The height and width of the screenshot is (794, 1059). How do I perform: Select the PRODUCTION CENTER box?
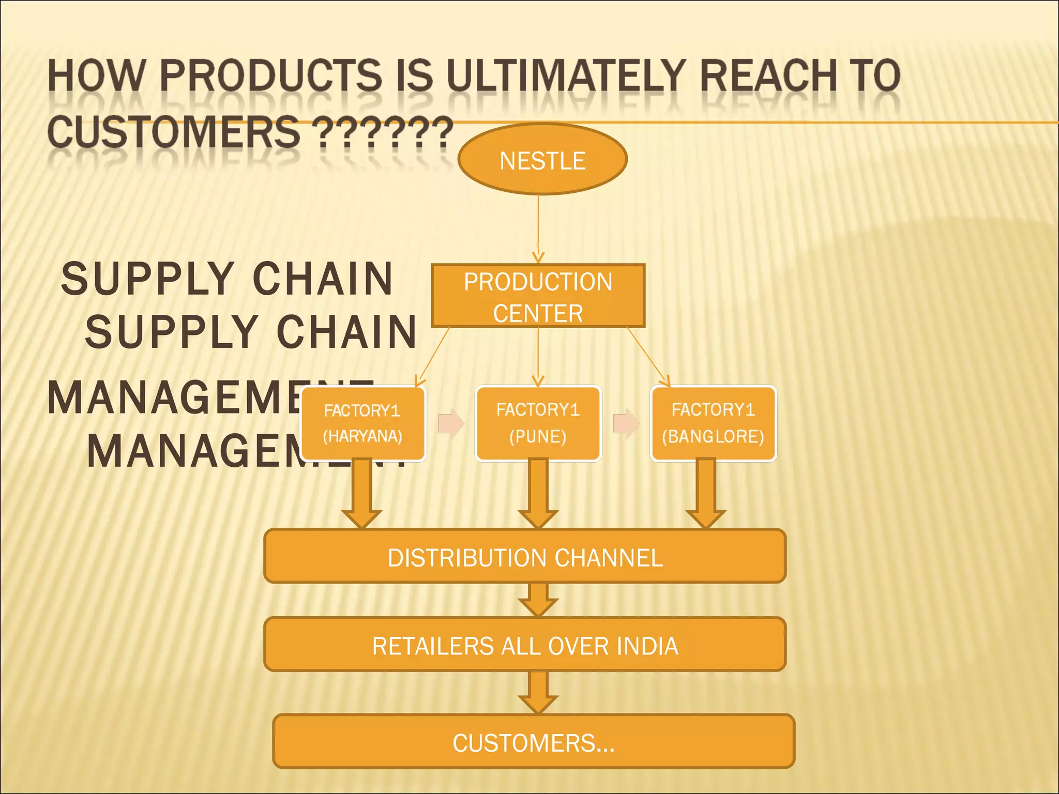pos(538,296)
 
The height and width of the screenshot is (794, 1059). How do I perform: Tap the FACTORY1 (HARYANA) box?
pos(362,423)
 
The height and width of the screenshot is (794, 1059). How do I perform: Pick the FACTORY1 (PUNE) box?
pos(538,423)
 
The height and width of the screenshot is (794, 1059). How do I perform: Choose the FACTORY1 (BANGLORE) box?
pos(713,423)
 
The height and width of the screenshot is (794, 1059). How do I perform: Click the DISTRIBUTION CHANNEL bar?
pos(525,556)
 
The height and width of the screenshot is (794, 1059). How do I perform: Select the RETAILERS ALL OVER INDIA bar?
pos(525,645)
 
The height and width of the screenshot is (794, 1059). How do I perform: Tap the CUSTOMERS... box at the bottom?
pos(533,741)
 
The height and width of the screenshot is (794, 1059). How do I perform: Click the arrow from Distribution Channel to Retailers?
pos(538,600)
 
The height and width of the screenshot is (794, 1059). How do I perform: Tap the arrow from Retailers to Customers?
pos(538,693)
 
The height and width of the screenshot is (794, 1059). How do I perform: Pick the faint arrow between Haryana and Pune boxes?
pos(451,423)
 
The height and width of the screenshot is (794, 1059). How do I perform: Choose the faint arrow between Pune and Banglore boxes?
pos(626,423)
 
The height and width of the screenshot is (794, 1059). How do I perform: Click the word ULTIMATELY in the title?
pos(566,76)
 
